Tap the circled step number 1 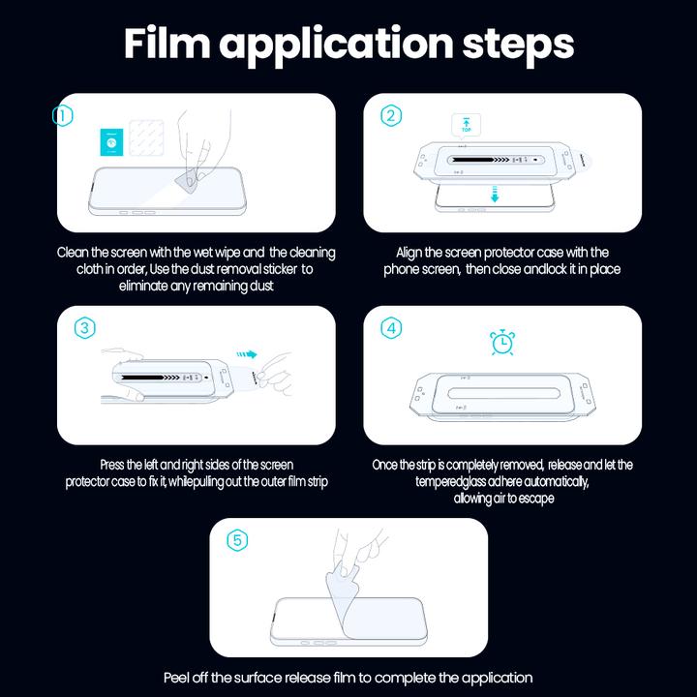pyautogui.click(x=63, y=116)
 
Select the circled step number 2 pyautogui.click(x=391, y=116)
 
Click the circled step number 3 pyautogui.click(x=85, y=328)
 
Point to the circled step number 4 pyautogui.click(x=391, y=328)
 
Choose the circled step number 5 pyautogui.click(x=237, y=540)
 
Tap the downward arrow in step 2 pyautogui.click(x=494, y=197)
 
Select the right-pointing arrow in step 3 pyautogui.click(x=250, y=354)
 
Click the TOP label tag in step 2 pyautogui.click(x=466, y=125)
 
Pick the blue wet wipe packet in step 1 pyautogui.click(x=111, y=143)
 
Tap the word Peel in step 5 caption pyautogui.click(x=181, y=678)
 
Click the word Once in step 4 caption pyautogui.click(x=388, y=465)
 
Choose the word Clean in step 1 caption pyautogui.click(x=75, y=253)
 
